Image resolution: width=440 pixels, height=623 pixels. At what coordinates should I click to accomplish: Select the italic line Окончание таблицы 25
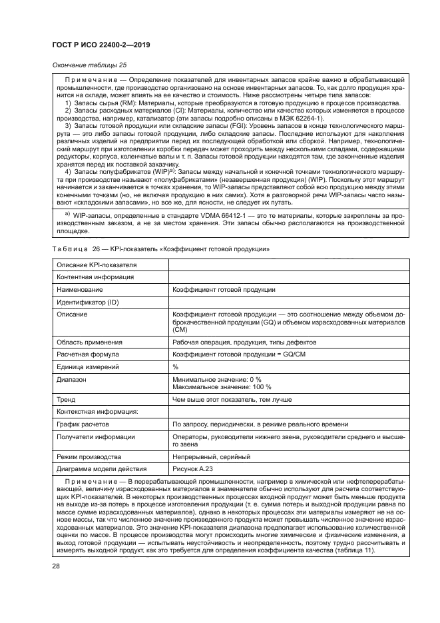pyautogui.click(x=86, y=65)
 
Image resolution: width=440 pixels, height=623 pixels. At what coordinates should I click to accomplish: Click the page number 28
pyautogui.click(x=57, y=566)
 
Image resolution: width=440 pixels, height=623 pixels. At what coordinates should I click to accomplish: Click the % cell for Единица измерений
pyautogui.click(x=176, y=367)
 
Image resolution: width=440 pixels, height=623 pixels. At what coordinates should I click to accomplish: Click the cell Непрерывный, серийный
pyautogui.click(x=211, y=457)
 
